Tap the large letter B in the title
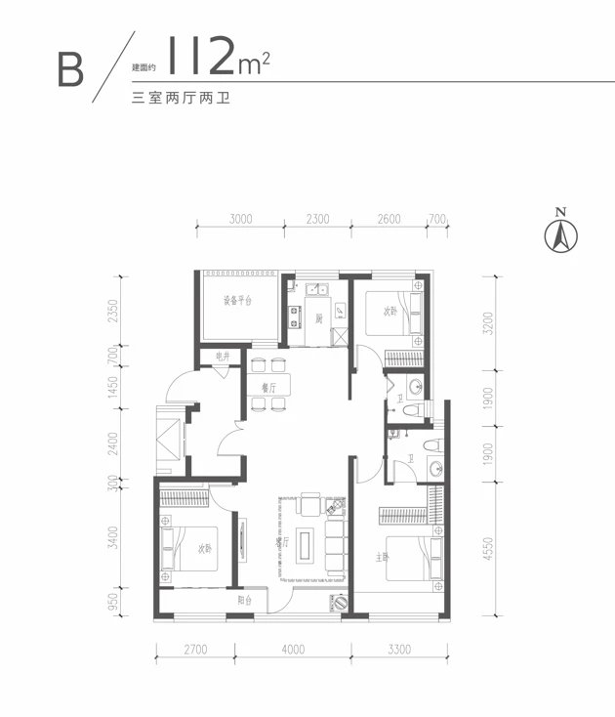click(x=69, y=68)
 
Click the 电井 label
click(x=222, y=358)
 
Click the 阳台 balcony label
click(x=247, y=601)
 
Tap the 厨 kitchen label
click(x=318, y=318)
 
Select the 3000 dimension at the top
click(x=241, y=219)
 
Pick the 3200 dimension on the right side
click(x=488, y=322)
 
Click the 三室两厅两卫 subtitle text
click(x=179, y=99)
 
